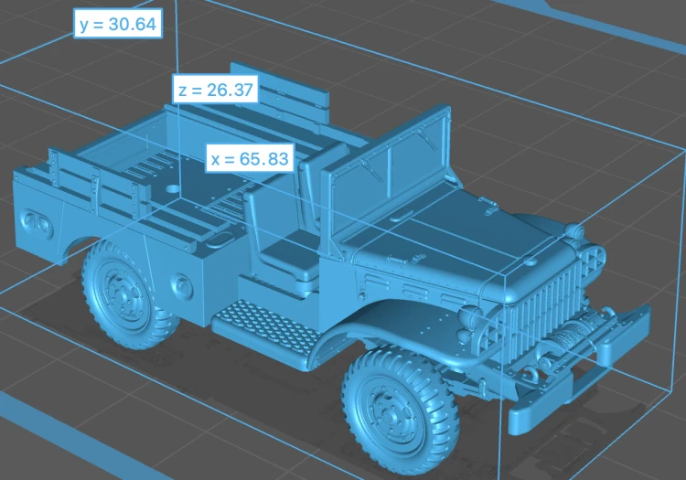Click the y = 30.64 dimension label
pos(118,24)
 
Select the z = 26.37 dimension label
pos(216,90)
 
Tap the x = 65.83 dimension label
pos(250,159)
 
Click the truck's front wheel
pos(402,410)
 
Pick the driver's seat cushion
pos(291,254)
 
